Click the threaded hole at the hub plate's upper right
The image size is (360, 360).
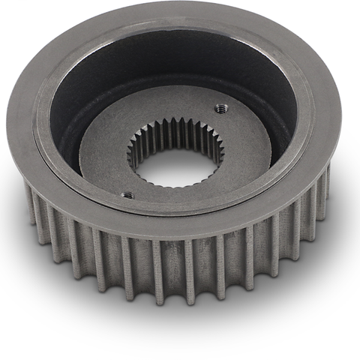coord(220,108)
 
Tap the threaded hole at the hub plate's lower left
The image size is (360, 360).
coord(127,195)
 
